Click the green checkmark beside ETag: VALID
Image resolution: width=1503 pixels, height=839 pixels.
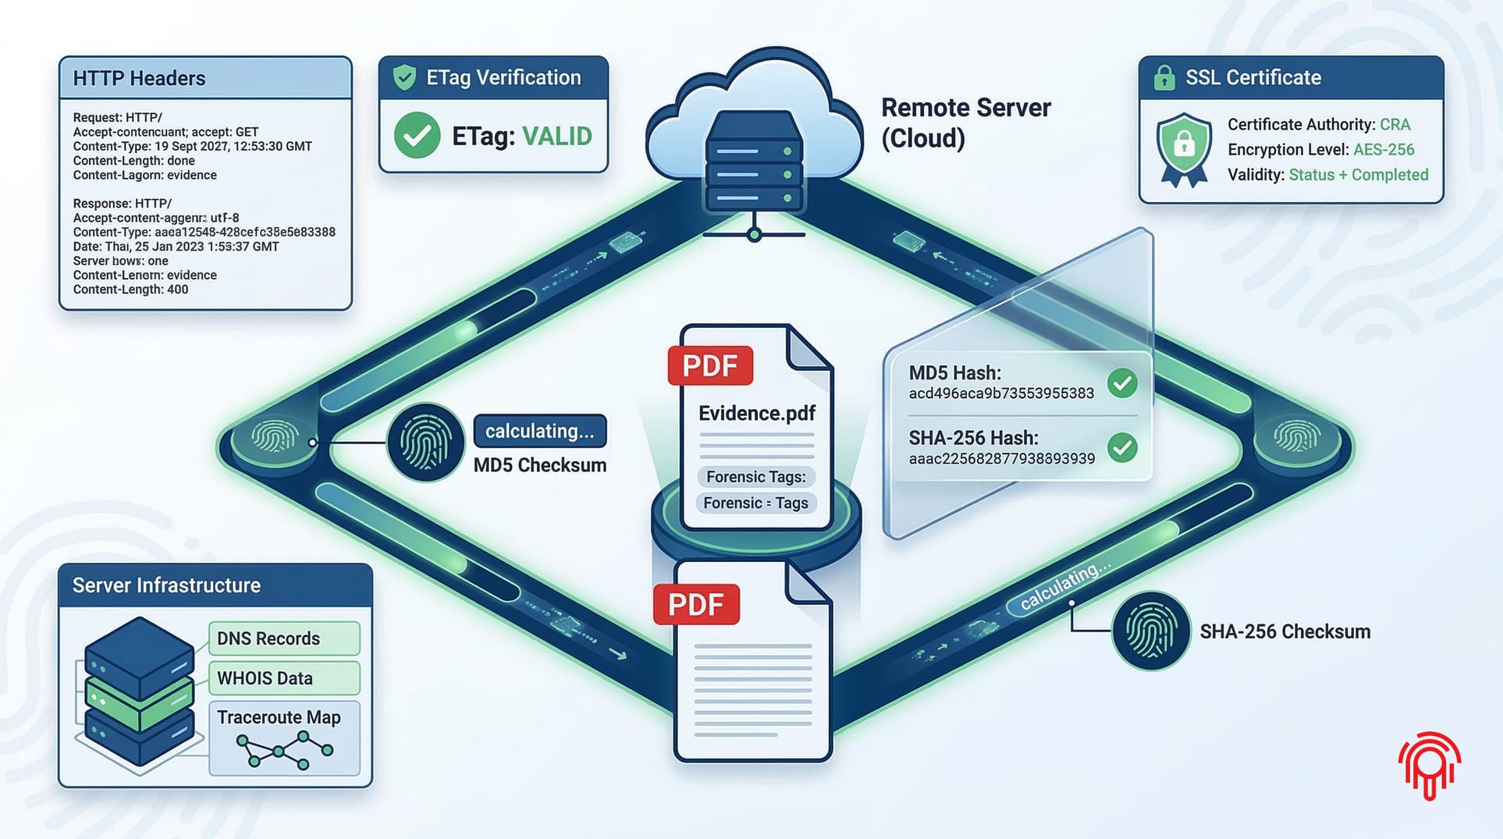coord(417,136)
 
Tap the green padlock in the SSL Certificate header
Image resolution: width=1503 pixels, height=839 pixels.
coord(1164,78)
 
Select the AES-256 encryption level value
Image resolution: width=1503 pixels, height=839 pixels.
coord(1384,150)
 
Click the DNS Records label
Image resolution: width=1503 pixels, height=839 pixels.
coord(268,638)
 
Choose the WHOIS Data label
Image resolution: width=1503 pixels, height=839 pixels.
coord(265,678)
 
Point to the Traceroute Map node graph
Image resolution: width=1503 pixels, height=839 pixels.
coord(284,751)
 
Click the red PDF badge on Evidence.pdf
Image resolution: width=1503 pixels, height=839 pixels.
coord(710,365)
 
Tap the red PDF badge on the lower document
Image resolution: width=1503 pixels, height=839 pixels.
coord(696,604)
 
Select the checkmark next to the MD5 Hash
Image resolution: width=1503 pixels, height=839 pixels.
coord(1122,382)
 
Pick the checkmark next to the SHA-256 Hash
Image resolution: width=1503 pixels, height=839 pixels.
coord(1122,447)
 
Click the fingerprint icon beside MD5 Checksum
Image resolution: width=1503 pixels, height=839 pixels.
coord(426,442)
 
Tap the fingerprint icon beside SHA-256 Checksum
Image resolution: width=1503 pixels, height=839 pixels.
coord(1150,631)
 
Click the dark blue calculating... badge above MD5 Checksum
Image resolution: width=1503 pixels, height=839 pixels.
coord(539,431)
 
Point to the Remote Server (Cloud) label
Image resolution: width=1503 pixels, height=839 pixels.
coord(965,123)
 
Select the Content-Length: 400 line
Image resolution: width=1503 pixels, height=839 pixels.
coord(130,290)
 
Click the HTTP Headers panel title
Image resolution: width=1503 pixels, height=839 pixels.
coord(139,78)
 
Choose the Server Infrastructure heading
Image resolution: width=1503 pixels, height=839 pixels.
coord(166,585)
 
